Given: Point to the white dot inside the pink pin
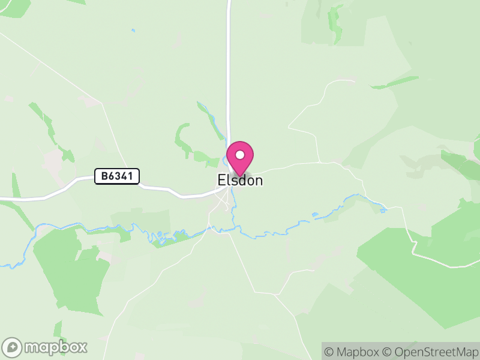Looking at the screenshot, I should pos(240,155).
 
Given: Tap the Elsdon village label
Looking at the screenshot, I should pos(240,181).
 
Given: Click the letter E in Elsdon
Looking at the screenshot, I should pos(221,181).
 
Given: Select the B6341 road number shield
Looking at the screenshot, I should pos(117,176).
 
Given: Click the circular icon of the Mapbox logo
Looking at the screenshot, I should pos(13,347).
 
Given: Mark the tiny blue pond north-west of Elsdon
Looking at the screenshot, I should pos(133,30).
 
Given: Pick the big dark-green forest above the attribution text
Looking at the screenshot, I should pos(420,270).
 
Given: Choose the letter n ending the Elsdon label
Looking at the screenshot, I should pos(257,181).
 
